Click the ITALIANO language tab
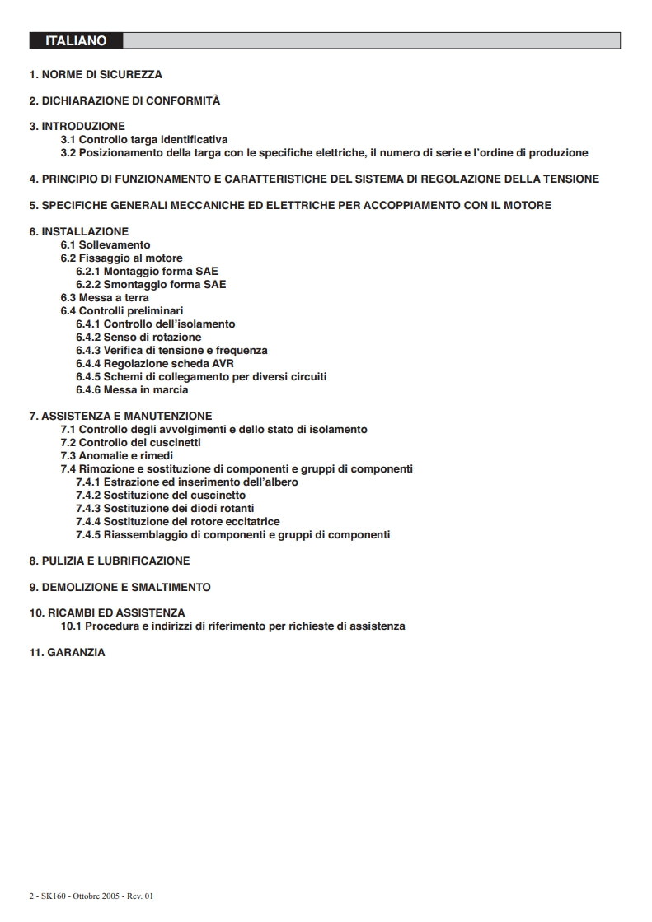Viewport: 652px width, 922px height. pyautogui.click(x=76, y=40)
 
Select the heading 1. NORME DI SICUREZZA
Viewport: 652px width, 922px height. pyautogui.click(x=96, y=74)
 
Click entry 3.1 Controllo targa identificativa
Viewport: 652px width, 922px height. pyautogui.click(x=144, y=140)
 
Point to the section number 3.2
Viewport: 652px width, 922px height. pyautogui.click(x=68, y=153)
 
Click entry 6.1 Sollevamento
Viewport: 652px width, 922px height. pyautogui.click(x=106, y=245)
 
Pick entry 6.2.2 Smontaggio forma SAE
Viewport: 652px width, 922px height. pyautogui.click(x=151, y=285)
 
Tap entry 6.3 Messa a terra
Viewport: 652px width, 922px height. pyautogui.click(x=105, y=298)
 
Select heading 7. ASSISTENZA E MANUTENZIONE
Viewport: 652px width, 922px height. pyautogui.click(x=120, y=417)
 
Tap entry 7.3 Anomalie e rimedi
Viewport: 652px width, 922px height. pyautogui.click(x=117, y=456)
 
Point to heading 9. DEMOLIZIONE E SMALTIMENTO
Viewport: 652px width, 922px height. pyautogui.click(x=120, y=588)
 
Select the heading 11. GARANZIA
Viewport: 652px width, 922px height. pyautogui.click(x=68, y=653)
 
